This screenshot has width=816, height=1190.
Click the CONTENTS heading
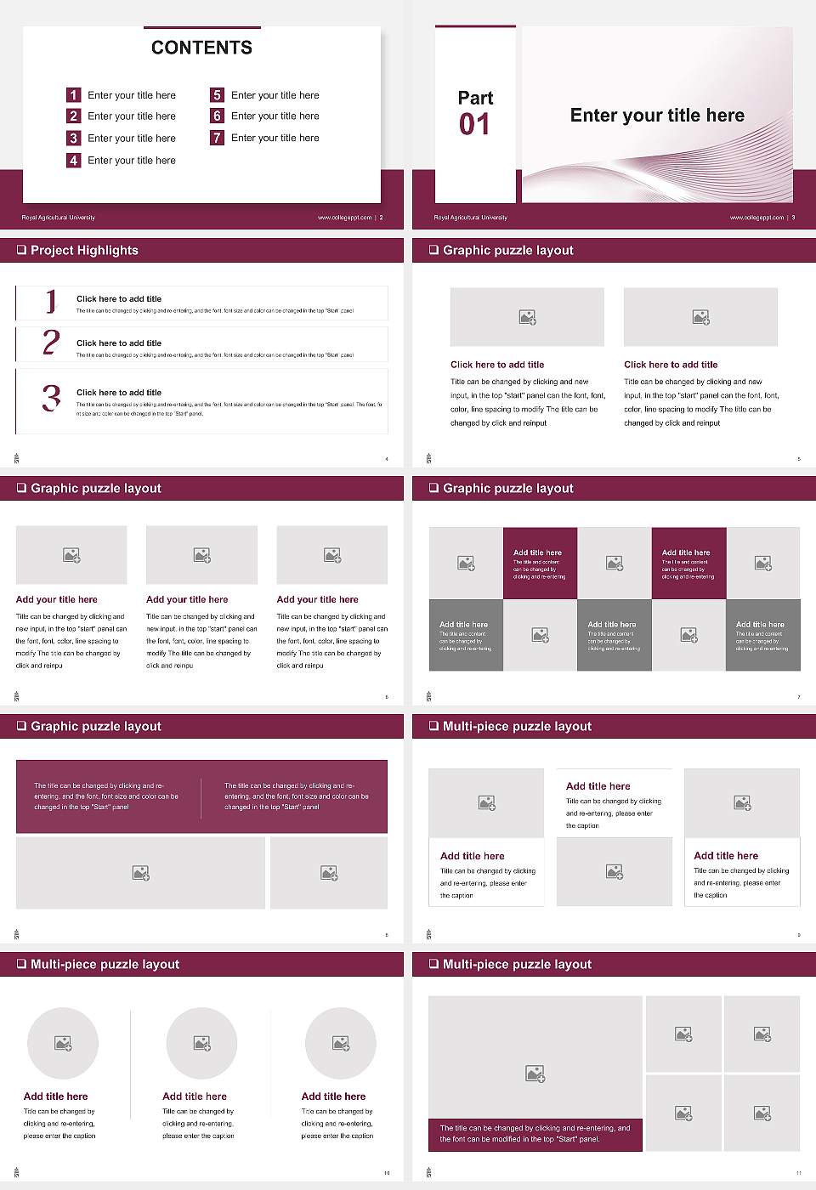[x=201, y=48]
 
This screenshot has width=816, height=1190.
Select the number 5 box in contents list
[x=217, y=95]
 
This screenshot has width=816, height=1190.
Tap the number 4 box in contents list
[x=73, y=160]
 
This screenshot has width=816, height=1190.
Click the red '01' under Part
[x=474, y=125]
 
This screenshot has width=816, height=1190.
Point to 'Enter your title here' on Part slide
[x=657, y=116]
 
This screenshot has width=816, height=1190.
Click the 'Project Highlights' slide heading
[x=84, y=251]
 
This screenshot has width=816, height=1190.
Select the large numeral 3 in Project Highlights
[x=51, y=398]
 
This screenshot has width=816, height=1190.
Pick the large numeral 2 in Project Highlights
[x=51, y=343]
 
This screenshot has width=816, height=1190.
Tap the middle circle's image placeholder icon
[x=201, y=1043]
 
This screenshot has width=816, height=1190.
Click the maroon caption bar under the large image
[x=535, y=1134]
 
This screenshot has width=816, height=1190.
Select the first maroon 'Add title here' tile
[x=540, y=564]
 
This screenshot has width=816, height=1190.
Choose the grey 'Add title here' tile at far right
[x=762, y=635]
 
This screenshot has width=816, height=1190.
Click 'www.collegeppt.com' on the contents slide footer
[x=344, y=218]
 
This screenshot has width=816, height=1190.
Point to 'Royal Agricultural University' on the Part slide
[x=470, y=218]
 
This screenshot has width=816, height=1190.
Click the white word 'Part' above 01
[x=475, y=98]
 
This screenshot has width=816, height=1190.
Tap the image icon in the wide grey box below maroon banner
[x=140, y=873]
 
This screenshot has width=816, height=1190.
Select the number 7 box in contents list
[x=217, y=138]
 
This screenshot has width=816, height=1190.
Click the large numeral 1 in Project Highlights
[x=51, y=301]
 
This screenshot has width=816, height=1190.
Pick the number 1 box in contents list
[x=73, y=95]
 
